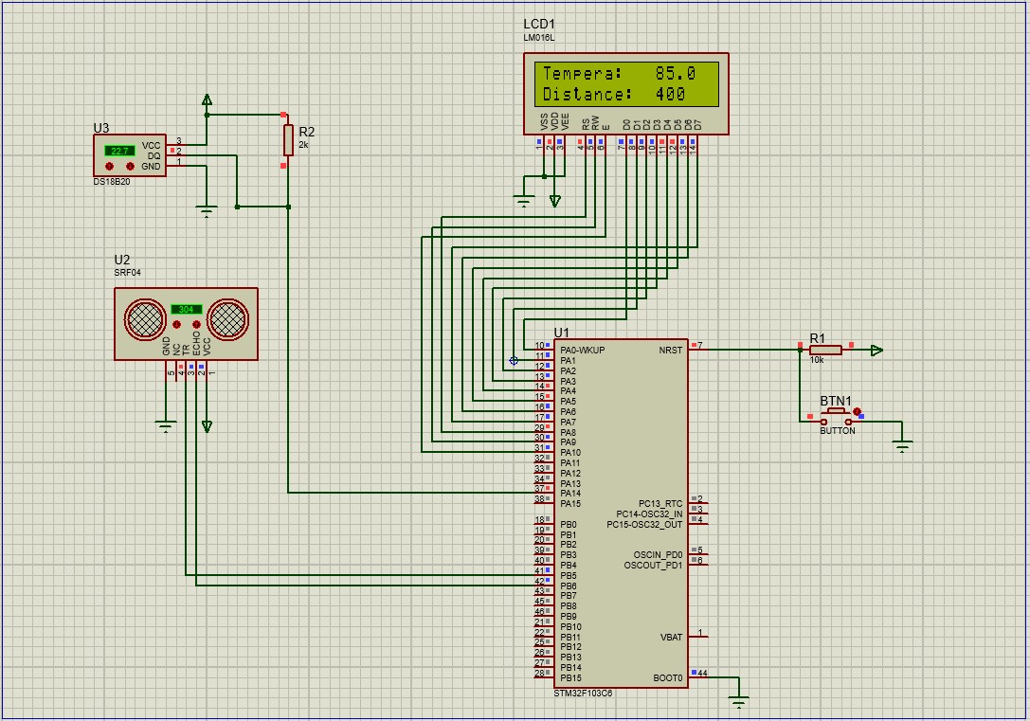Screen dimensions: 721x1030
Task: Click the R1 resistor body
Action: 825,351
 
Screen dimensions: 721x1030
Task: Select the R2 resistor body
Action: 288,139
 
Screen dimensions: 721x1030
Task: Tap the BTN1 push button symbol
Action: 837,417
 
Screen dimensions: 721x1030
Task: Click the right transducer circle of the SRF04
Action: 228,319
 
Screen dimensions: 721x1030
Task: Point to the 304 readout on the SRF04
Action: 187,309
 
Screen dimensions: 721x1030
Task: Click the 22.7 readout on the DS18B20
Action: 119,151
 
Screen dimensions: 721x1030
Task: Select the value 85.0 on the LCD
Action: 676,73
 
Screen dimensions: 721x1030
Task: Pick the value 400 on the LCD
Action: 670,95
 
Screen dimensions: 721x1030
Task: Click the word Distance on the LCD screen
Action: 587,95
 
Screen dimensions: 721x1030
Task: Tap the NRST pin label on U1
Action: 670,351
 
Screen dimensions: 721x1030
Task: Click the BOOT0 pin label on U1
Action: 667,678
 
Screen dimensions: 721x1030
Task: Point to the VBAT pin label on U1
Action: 671,638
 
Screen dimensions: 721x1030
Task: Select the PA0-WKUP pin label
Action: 582,351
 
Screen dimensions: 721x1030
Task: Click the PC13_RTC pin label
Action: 660,504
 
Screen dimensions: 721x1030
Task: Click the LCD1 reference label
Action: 540,24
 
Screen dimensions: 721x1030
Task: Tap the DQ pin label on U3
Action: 154,156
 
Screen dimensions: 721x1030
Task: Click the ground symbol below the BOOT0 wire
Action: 739,701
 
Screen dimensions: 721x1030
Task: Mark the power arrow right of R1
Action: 876,351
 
